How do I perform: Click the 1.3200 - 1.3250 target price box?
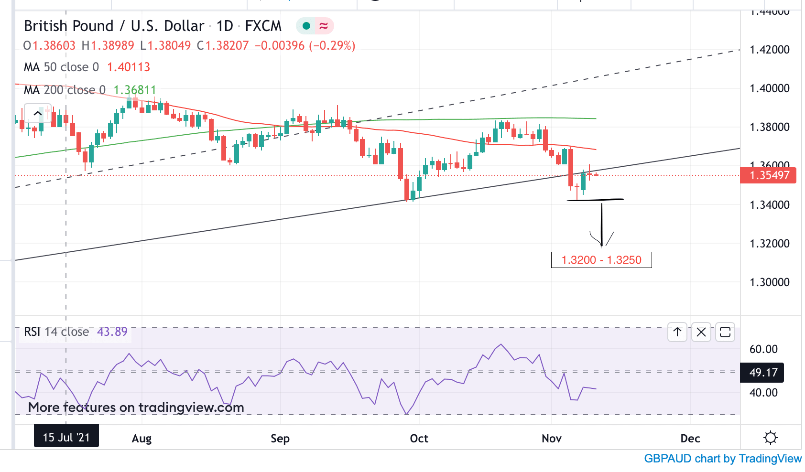click(x=601, y=260)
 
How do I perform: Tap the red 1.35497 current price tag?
click(x=768, y=175)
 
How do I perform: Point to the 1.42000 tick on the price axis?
click(x=769, y=50)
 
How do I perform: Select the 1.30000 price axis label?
click(x=769, y=282)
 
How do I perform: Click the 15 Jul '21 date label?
click(x=66, y=437)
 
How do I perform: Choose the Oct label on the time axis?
click(x=419, y=439)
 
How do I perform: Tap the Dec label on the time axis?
click(x=690, y=439)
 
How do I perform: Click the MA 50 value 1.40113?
click(x=129, y=67)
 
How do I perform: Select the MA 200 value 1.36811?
click(x=135, y=90)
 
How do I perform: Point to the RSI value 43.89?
click(x=112, y=332)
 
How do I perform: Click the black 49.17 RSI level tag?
click(x=763, y=373)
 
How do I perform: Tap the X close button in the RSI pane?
click(x=701, y=332)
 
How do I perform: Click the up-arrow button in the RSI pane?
click(x=677, y=332)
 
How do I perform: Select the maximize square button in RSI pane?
click(x=725, y=332)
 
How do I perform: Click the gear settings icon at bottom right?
click(x=770, y=438)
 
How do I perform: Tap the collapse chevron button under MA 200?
click(x=37, y=114)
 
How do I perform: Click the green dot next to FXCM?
click(x=306, y=26)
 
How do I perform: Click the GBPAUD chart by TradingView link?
click(x=722, y=459)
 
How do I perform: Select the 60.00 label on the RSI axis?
click(x=763, y=349)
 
